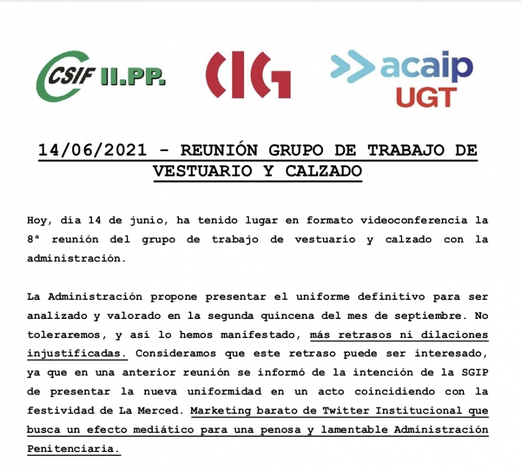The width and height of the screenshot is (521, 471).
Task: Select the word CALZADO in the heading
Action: coord(324,170)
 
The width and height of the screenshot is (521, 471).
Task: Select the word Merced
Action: coord(164,411)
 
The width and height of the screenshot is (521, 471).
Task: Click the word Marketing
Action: coord(219,411)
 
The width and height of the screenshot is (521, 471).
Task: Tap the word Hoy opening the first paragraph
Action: coord(37,220)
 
